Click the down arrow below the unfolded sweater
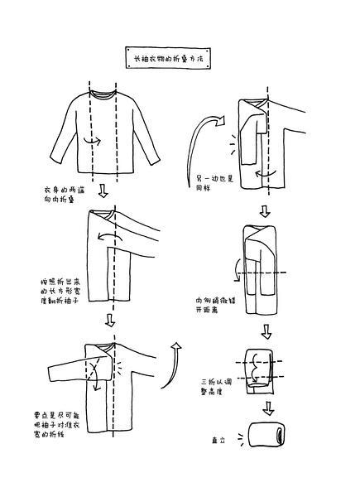103,192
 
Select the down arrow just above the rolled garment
267,408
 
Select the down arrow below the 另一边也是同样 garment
265,210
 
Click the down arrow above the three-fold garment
266,331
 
